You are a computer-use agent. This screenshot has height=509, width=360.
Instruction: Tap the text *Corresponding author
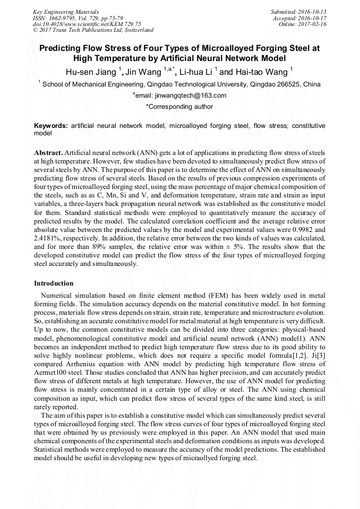coord(179,107)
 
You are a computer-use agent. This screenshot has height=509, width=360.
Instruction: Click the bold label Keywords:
coord(50,126)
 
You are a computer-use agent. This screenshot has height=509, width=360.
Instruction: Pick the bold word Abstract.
coord(48,152)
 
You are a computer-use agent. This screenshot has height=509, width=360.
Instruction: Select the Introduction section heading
coord(54,283)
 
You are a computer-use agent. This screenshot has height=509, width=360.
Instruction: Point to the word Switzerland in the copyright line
coord(138,30)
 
